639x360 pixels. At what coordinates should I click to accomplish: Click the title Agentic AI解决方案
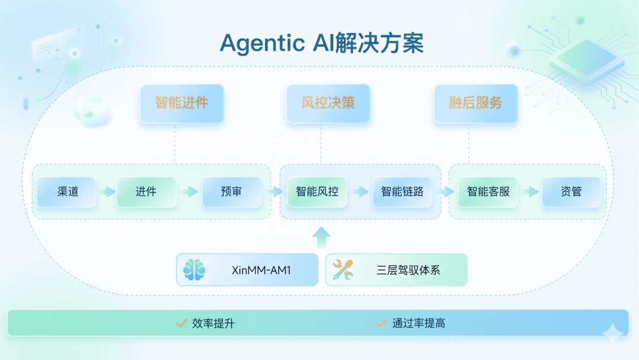(x=321, y=43)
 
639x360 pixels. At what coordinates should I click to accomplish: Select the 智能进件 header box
(x=182, y=104)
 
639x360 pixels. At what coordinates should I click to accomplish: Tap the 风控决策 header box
(x=328, y=104)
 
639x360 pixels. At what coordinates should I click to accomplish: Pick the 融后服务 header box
(x=476, y=104)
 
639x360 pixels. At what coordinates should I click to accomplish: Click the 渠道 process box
(x=67, y=192)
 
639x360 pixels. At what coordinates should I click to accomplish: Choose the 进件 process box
(x=146, y=192)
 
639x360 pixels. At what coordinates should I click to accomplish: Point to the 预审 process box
(x=231, y=192)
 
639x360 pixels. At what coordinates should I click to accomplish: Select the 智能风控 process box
(x=317, y=192)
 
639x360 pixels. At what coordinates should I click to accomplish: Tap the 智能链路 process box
(x=402, y=192)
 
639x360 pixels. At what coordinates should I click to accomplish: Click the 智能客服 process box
(x=488, y=192)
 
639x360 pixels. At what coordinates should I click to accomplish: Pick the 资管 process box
(x=572, y=192)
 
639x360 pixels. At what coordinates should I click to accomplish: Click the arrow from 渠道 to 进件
(x=107, y=192)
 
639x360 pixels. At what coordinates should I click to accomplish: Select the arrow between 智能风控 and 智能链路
(x=360, y=192)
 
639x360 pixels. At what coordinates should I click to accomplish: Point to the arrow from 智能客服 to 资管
(x=531, y=192)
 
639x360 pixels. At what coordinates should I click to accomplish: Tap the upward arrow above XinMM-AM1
(x=321, y=237)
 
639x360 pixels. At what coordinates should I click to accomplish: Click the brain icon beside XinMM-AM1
(x=194, y=270)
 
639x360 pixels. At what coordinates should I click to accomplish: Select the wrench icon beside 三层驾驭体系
(x=343, y=270)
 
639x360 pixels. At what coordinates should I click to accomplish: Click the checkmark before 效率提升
(x=182, y=323)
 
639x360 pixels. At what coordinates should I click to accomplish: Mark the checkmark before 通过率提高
(x=382, y=323)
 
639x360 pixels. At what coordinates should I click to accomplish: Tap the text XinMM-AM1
(x=262, y=271)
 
